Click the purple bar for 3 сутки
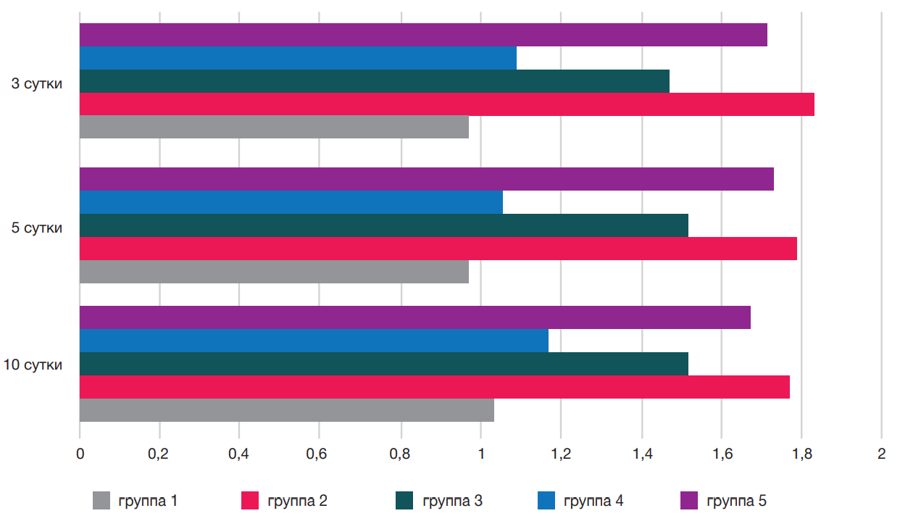(x=423, y=35)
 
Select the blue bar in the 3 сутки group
(x=298, y=58)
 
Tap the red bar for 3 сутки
(x=446, y=104)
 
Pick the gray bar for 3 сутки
(x=274, y=127)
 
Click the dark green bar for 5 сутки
(x=383, y=225)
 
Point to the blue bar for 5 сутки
(x=291, y=202)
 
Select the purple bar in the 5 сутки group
(x=426, y=179)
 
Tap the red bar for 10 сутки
(x=434, y=387)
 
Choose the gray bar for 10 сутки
(x=286, y=410)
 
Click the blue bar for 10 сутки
(x=314, y=341)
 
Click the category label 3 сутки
(x=36, y=83)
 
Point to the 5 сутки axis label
(x=36, y=228)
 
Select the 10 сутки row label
(x=33, y=365)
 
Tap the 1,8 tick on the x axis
(x=801, y=454)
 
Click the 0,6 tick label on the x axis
(x=320, y=454)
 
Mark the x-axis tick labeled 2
(x=881, y=454)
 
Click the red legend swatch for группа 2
(x=249, y=500)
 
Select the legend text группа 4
(x=593, y=500)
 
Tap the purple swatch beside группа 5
(x=689, y=500)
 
